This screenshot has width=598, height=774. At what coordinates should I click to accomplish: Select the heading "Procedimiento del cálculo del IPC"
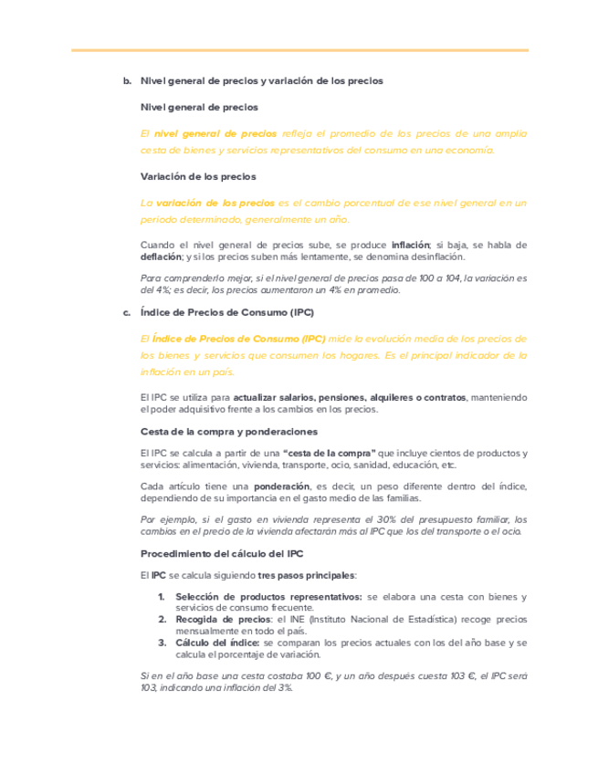coord(222,553)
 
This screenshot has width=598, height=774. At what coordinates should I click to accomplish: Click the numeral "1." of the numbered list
coord(161,597)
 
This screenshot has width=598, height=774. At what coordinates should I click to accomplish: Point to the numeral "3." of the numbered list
coord(161,643)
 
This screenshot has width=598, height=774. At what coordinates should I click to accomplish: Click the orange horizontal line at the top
coord(299,50)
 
